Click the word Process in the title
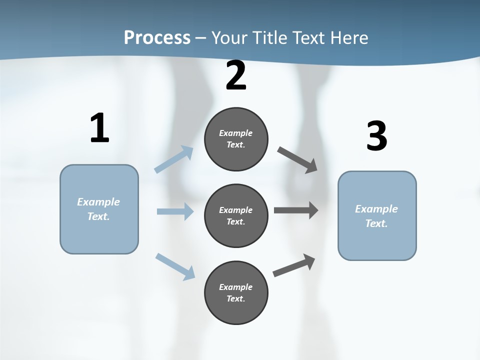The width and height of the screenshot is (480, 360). (x=157, y=37)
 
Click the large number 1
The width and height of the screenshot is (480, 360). (x=99, y=128)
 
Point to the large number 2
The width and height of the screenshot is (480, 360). (x=236, y=75)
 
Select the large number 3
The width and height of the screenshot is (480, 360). (x=376, y=136)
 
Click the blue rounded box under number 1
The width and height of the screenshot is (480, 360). (x=99, y=209)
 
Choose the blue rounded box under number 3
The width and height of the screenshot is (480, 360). (x=377, y=215)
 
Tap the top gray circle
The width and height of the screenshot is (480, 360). (x=236, y=139)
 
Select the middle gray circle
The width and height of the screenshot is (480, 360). (x=236, y=215)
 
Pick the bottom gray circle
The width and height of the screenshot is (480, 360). (x=236, y=292)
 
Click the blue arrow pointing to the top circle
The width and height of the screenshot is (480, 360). (x=174, y=159)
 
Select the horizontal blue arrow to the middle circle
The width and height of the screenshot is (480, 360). (x=175, y=211)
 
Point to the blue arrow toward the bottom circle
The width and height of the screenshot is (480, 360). (x=175, y=266)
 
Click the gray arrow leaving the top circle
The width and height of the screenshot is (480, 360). (x=297, y=159)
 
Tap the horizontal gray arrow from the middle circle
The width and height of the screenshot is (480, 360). (x=296, y=210)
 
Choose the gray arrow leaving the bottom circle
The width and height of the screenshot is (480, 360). (x=294, y=265)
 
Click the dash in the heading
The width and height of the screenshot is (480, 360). (x=201, y=38)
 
